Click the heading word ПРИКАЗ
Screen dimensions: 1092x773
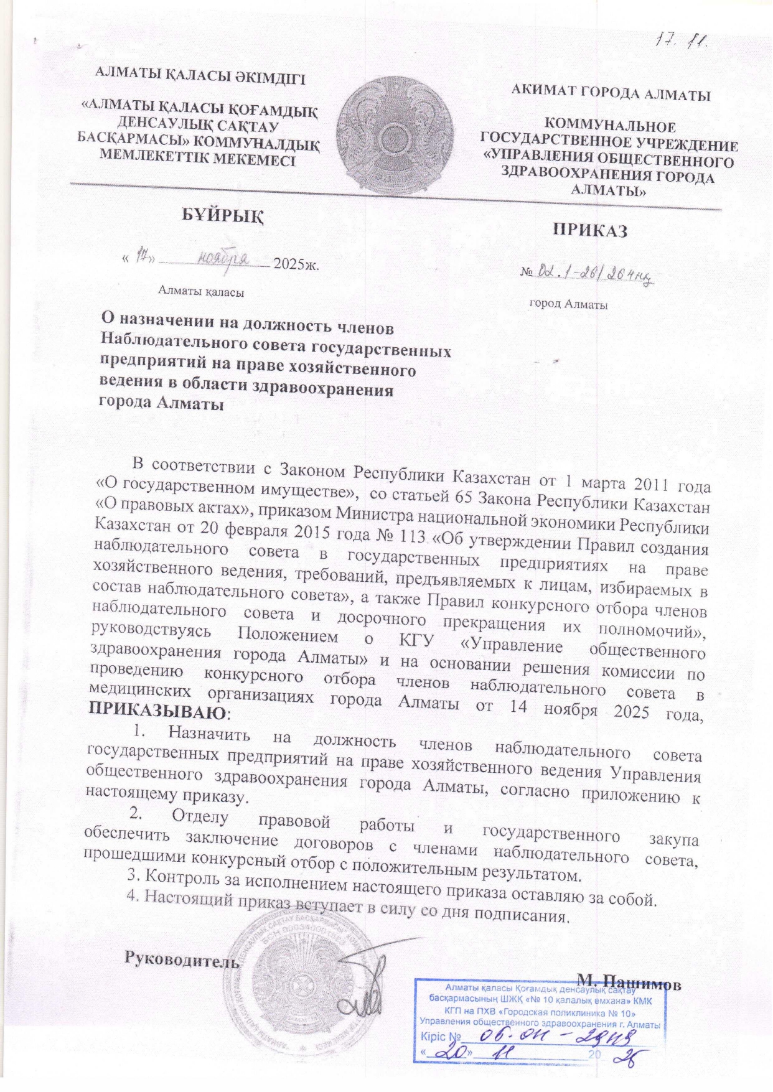click(590, 230)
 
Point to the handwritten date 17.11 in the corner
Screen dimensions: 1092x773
click(685, 41)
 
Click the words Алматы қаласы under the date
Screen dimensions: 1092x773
click(201, 290)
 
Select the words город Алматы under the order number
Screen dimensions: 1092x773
click(568, 304)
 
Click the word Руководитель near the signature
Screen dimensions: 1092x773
click(182, 960)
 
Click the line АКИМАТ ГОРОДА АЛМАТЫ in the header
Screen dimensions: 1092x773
click(610, 95)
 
